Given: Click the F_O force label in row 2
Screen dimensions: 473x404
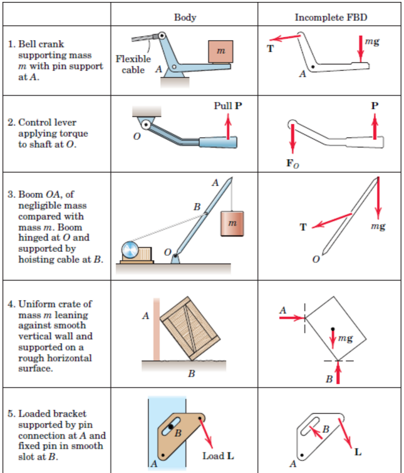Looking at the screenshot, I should pyautogui.click(x=294, y=165).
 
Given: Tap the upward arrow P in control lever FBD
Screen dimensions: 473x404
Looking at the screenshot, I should pyautogui.click(x=375, y=125).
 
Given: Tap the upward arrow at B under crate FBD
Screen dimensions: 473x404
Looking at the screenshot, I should pyautogui.click(x=338, y=373).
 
